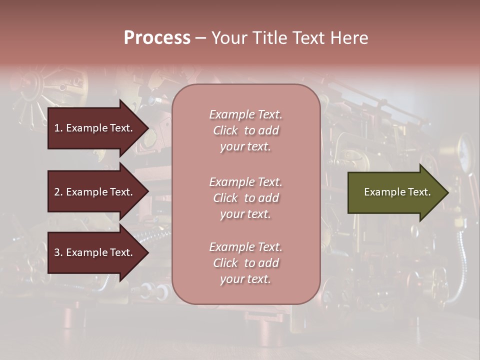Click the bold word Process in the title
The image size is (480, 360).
[157, 37]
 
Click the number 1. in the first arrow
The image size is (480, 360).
[58, 128]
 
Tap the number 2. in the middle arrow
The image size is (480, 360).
[58, 192]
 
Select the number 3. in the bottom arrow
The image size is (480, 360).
[58, 253]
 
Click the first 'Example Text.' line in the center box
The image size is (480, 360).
[245, 114]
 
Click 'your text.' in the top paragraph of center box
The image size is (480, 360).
[245, 147]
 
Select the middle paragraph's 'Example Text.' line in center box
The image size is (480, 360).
[245, 182]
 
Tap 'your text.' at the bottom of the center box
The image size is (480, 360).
[245, 279]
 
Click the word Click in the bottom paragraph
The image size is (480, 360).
[225, 263]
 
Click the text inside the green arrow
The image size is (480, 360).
[397, 192]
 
